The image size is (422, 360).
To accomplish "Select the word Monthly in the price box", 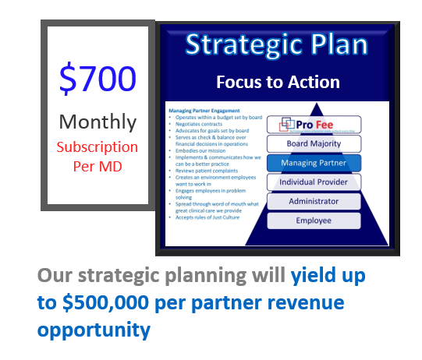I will [x=98, y=122].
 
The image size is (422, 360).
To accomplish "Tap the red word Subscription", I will [x=98, y=146].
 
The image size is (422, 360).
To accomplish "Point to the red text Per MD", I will [x=98, y=165].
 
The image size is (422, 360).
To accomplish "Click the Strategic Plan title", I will [x=277, y=44].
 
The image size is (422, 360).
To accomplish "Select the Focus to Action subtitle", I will [x=278, y=82].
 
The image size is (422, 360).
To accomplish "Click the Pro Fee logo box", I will [x=314, y=125].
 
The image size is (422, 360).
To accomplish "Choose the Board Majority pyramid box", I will [x=314, y=143].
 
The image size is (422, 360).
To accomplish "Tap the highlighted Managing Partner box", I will [x=314, y=163].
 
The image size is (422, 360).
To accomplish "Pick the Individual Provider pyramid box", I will [x=314, y=182].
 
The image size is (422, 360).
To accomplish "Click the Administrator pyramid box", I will [x=314, y=201].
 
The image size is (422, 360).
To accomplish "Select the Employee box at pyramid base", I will [x=314, y=221].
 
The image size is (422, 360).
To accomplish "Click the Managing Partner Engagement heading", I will [x=204, y=111].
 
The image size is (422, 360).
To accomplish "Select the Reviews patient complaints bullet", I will [x=204, y=176].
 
